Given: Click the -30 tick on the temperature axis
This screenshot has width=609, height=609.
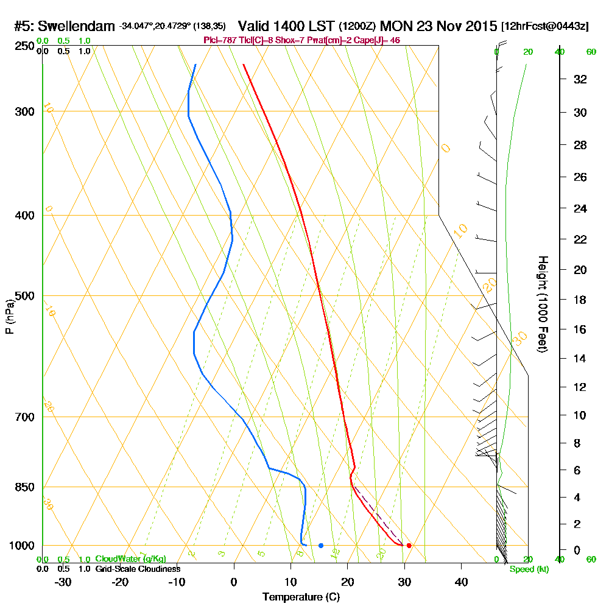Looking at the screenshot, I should [63, 582].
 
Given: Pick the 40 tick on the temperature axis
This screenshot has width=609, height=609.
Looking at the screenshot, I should [461, 582].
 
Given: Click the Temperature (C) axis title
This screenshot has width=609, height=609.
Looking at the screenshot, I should [301, 597].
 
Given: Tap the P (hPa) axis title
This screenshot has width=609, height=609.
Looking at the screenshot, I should [9, 317].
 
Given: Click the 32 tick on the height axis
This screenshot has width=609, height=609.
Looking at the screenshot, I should [581, 79].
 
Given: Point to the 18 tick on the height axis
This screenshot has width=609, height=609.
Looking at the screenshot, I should [581, 300].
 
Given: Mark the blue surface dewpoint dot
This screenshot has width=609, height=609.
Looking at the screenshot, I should [321, 545].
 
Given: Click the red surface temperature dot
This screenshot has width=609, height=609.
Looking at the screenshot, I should [409, 545].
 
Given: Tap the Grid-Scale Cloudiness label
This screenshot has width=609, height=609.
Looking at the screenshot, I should [138, 569].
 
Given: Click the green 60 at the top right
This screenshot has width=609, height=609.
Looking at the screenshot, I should [591, 52].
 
